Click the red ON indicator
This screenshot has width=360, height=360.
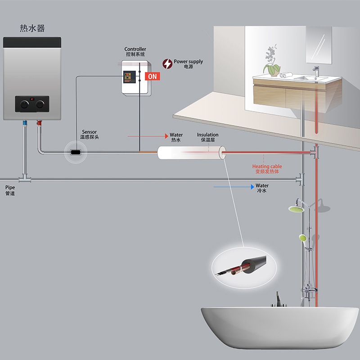click(152, 76)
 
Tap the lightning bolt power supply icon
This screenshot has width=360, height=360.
click(167, 64)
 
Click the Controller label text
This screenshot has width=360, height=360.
click(135, 49)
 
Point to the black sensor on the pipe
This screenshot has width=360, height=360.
click(76, 152)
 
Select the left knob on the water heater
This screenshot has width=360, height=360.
click(24, 104)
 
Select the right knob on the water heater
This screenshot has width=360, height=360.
click(40, 104)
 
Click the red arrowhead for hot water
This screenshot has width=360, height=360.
click(166, 136)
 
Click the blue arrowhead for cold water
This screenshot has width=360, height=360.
click(252, 187)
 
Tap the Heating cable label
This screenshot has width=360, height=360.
click(267, 166)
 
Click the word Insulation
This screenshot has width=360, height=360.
click(208, 135)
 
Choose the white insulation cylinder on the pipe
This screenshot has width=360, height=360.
click(192, 153)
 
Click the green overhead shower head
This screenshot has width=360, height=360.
click(296, 209)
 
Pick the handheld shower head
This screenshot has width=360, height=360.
click(302, 238)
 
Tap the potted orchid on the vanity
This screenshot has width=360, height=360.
click(272, 61)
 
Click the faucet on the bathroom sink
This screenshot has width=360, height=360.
click(316, 71)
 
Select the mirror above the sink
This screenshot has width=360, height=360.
click(319, 45)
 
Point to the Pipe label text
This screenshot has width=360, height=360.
click(10, 187)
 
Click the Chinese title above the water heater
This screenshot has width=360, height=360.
click(32, 28)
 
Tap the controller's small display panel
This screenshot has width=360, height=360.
click(129, 77)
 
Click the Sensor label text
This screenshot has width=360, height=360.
click(89, 132)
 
